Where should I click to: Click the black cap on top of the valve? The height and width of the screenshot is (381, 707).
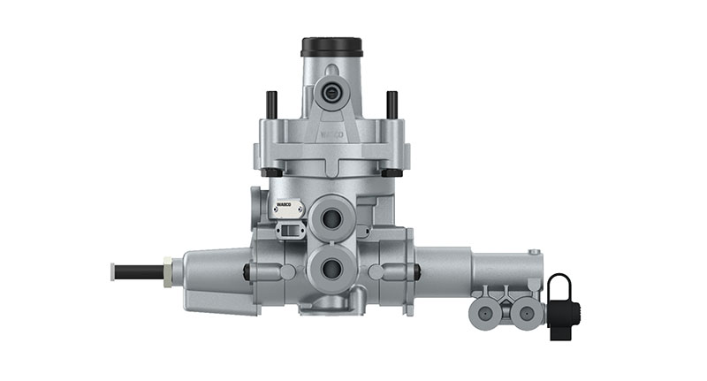[x=331, y=45]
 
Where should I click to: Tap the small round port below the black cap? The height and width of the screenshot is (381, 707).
[x=331, y=90]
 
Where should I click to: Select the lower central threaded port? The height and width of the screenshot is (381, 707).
[x=332, y=266]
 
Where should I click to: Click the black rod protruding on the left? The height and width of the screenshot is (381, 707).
[x=138, y=269]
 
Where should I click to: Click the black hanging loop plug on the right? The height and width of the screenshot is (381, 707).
[x=560, y=305]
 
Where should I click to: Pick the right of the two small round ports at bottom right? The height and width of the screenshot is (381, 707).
[x=525, y=312]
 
